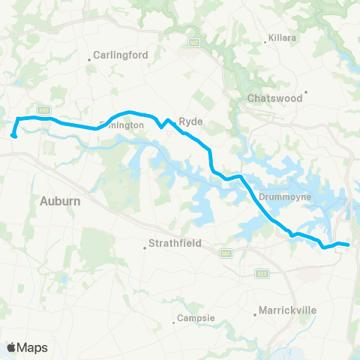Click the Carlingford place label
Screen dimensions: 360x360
tap(121, 55)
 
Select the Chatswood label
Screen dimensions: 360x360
tap(274, 98)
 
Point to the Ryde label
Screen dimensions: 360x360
tap(187, 120)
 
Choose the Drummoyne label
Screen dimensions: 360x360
tap(279, 198)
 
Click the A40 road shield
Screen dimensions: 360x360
tap(44, 109)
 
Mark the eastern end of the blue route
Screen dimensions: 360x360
tap(348, 244)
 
